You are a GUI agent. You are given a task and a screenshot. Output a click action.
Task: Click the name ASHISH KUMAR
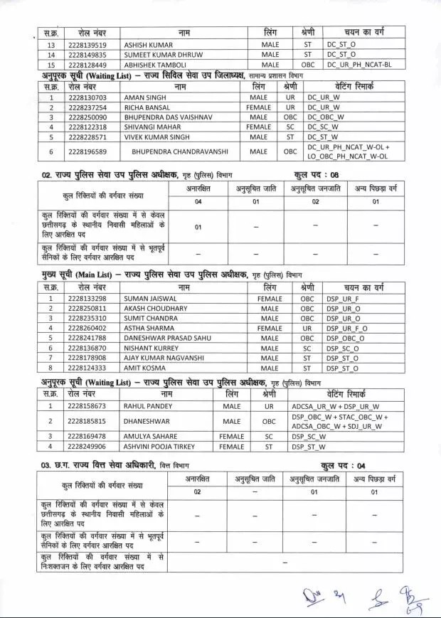coord(147,43)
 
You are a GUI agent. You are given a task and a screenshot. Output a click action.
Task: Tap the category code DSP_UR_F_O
coord(348,329)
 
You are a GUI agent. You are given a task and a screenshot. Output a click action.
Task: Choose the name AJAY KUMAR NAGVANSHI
coord(164,358)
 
